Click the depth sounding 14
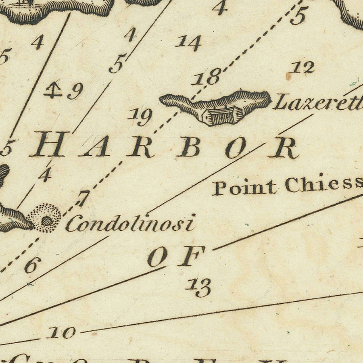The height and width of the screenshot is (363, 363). pyautogui.click(x=188, y=42)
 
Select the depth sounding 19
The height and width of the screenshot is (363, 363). pyautogui.click(x=140, y=117)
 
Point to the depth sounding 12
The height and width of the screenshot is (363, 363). pyautogui.click(x=303, y=68)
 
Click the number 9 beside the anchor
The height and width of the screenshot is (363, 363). pyautogui.click(x=75, y=91)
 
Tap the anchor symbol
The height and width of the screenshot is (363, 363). pyautogui.click(x=52, y=90)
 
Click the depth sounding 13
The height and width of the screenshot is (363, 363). pyautogui.click(x=198, y=287)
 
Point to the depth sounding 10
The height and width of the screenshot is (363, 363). pyautogui.click(x=62, y=333)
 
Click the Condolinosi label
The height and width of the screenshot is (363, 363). pyautogui.click(x=130, y=223)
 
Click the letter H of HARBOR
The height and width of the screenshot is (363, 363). pyautogui.click(x=49, y=145)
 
